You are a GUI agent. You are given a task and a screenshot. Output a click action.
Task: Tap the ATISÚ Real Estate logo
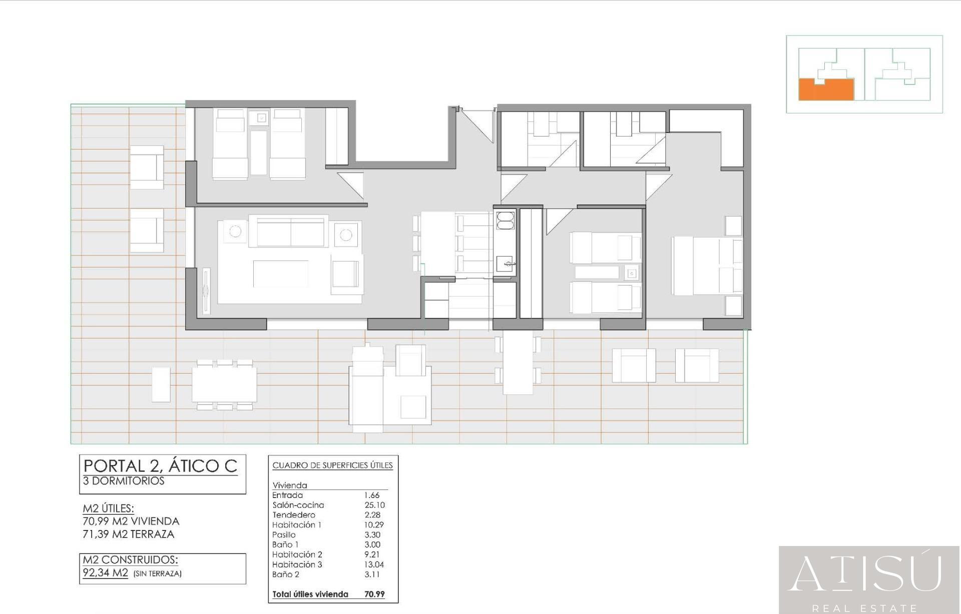(x=869, y=580)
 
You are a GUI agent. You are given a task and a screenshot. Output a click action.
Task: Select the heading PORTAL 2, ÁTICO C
(x=160, y=466)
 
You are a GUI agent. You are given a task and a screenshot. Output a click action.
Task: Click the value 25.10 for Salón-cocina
(x=374, y=505)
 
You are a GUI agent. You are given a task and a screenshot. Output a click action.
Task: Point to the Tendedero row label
(x=294, y=515)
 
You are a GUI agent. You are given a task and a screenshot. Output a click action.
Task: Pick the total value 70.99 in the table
(x=374, y=594)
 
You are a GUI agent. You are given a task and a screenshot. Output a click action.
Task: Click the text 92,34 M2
(x=105, y=573)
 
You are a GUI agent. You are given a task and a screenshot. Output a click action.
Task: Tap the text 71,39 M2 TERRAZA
(x=129, y=534)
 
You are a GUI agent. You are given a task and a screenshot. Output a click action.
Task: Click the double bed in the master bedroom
(x=707, y=265)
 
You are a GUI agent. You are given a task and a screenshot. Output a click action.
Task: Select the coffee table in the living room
(x=280, y=274)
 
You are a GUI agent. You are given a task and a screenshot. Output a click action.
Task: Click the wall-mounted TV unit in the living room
(x=206, y=291)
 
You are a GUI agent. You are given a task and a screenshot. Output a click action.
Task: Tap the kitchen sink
(x=505, y=262)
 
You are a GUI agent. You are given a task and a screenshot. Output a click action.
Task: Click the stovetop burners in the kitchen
(x=505, y=220)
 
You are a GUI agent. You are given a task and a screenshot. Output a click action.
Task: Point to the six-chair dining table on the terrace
(x=224, y=384)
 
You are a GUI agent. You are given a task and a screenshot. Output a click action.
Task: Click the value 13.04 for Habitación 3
(x=374, y=564)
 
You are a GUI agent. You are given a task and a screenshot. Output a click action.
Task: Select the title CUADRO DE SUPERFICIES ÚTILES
(x=332, y=465)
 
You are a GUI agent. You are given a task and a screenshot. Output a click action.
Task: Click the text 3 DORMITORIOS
(x=124, y=481)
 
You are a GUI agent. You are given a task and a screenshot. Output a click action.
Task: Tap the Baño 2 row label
(x=286, y=574)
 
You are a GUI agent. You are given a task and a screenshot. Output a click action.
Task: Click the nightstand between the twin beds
(x=632, y=273)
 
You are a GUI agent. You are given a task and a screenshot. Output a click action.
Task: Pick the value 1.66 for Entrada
(x=372, y=495)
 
